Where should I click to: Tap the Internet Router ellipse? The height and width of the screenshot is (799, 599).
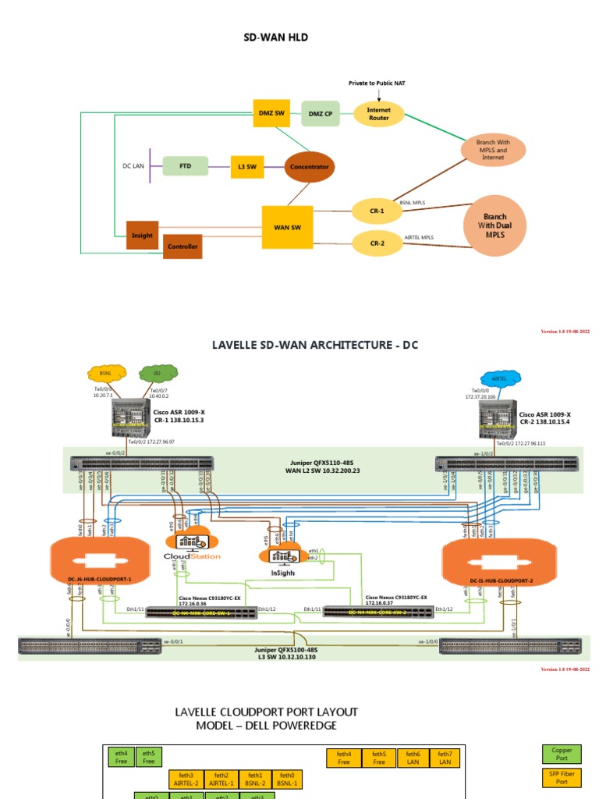[378, 114]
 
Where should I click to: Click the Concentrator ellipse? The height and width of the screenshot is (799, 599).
[309, 166]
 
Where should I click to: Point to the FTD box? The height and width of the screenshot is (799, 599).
[185, 166]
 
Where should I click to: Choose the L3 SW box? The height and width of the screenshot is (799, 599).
[246, 166]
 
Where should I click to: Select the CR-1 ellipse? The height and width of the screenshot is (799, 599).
[377, 210]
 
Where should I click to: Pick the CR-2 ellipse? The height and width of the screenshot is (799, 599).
[377, 243]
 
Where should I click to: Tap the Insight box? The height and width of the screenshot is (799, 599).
[142, 235]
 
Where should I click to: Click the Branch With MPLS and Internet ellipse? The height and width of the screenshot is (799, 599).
[492, 149]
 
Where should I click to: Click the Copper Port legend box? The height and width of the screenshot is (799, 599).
[562, 754]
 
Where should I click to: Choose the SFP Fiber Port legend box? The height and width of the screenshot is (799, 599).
[562, 777]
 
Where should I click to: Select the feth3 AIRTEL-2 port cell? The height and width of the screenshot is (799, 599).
[186, 779]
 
